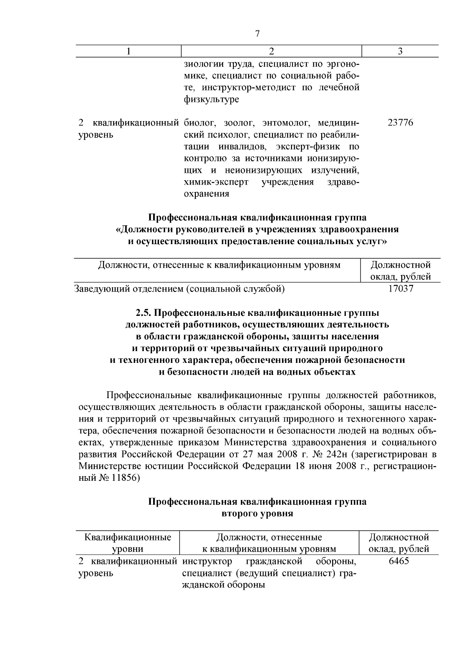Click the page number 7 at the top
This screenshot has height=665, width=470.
coord(257,34)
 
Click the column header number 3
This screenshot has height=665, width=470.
coord(400,51)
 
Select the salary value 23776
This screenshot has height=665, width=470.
coord(400,123)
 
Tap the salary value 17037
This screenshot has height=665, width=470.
coord(400,289)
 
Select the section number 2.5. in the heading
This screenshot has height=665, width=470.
coord(143,313)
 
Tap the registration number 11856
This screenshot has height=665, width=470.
coord(123,478)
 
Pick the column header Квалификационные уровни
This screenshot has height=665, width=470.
coord(128,543)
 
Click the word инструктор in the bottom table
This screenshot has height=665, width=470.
coord(207,561)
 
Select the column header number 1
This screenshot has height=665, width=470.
coord(128,51)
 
